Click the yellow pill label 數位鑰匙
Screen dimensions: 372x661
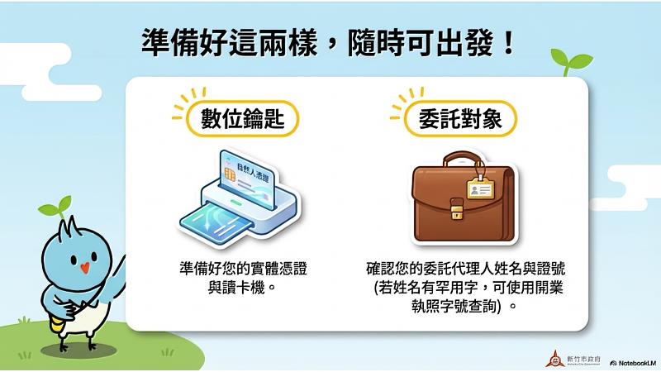click(x=242, y=120)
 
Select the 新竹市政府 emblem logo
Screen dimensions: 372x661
click(x=554, y=359)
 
